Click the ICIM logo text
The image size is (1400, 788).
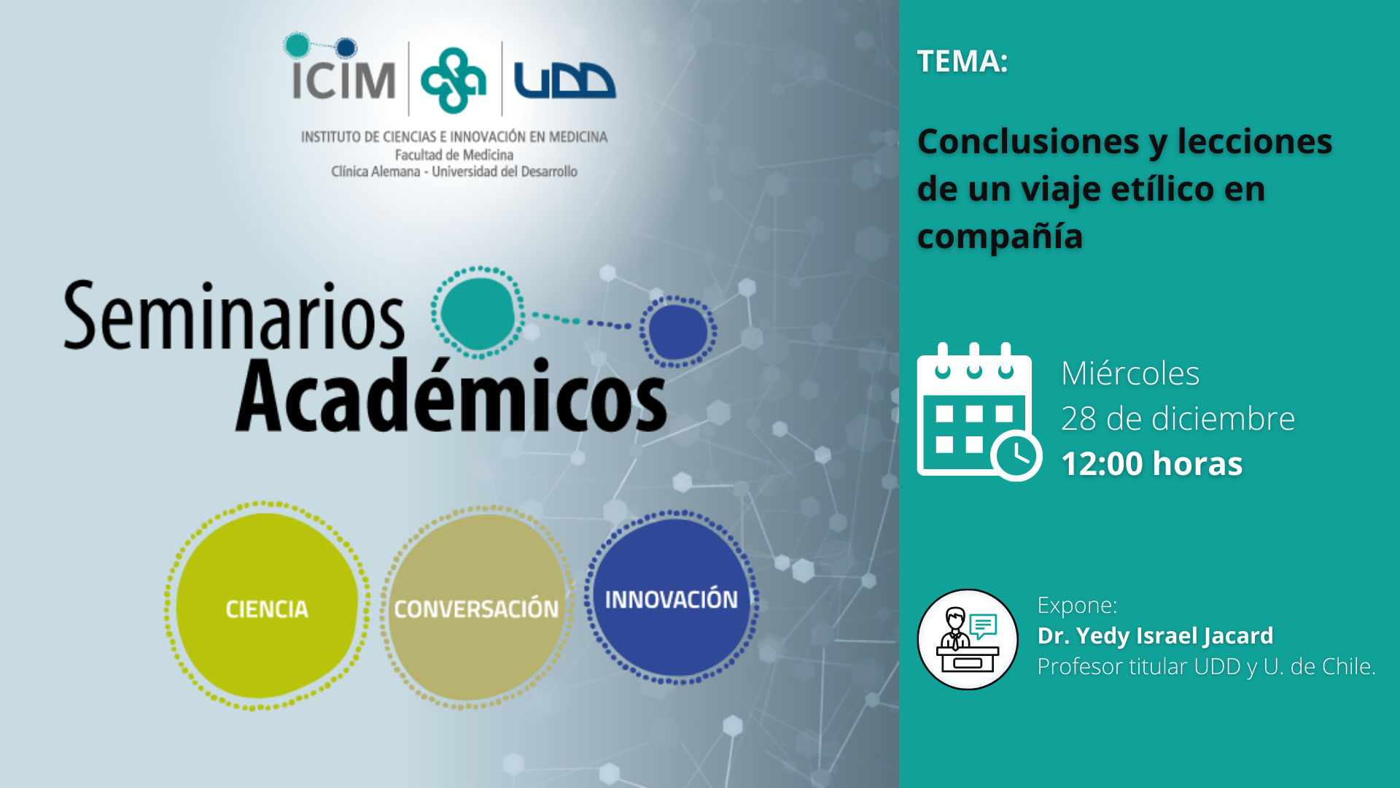(x=343, y=79)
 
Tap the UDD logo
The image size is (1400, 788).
(x=564, y=80)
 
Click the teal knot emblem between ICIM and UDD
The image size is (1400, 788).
(x=454, y=80)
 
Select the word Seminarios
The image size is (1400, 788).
(x=233, y=316)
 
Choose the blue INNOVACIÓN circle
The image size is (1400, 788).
(x=672, y=598)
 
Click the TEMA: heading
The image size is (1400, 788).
(x=962, y=61)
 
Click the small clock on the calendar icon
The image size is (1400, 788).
(x=1016, y=456)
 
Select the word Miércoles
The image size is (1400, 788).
(x=1130, y=374)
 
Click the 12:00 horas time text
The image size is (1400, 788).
(x=1152, y=464)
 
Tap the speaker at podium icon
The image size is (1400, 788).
(x=968, y=639)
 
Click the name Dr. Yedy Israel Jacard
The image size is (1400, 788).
(x=1156, y=636)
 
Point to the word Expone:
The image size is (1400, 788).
(x=1077, y=606)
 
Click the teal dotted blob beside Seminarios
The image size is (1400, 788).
(x=478, y=313)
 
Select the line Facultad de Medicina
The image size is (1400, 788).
(x=454, y=155)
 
